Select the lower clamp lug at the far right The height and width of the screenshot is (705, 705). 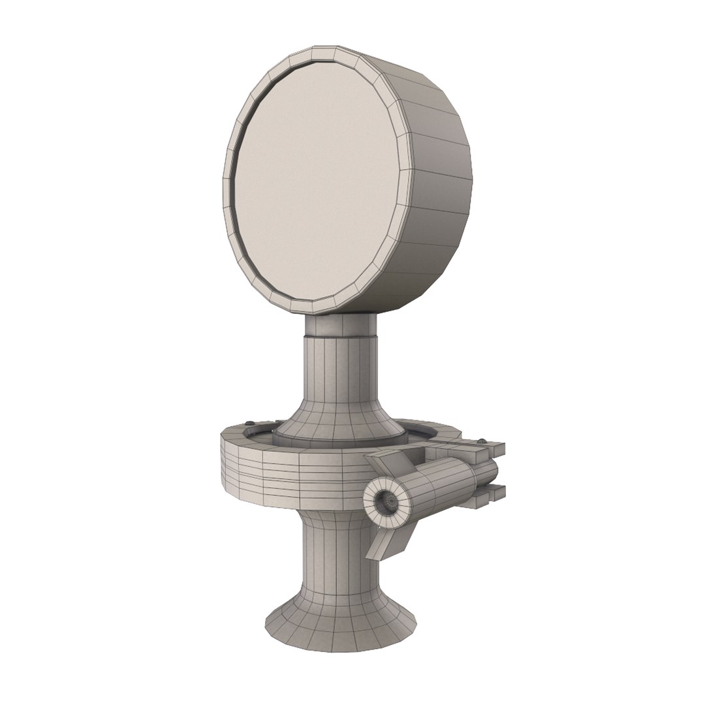[x=493, y=496]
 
